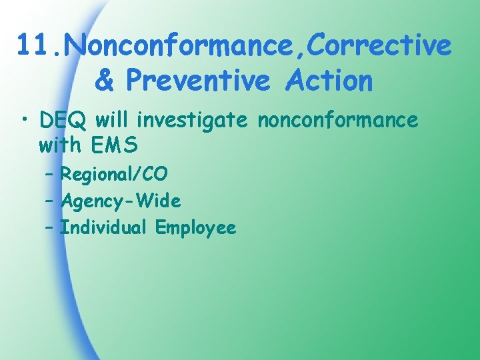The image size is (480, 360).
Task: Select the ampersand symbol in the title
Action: (x=105, y=81)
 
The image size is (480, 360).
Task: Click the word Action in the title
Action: (x=329, y=81)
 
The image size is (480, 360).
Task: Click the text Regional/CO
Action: (x=114, y=175)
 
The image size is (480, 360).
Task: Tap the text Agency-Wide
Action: (x=121, y=201)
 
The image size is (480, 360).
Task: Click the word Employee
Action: (x=195, y=228)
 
